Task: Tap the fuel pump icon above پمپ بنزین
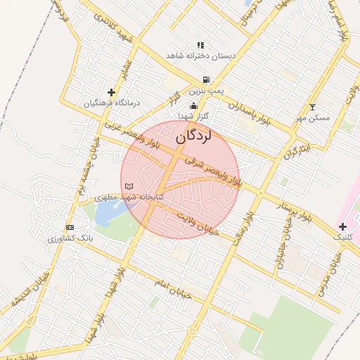[x=205, y=80]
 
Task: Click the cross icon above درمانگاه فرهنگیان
[x=111, y=92]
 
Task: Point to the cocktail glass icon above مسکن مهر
[x=313, y=108]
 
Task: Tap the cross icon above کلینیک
[x=342, y=226]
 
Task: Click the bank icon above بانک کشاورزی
[x=70, y=228]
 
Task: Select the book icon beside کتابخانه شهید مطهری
[x=128, y=186]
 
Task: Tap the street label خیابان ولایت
[x=198, y=222]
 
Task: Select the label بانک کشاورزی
[x=70, y=239]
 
